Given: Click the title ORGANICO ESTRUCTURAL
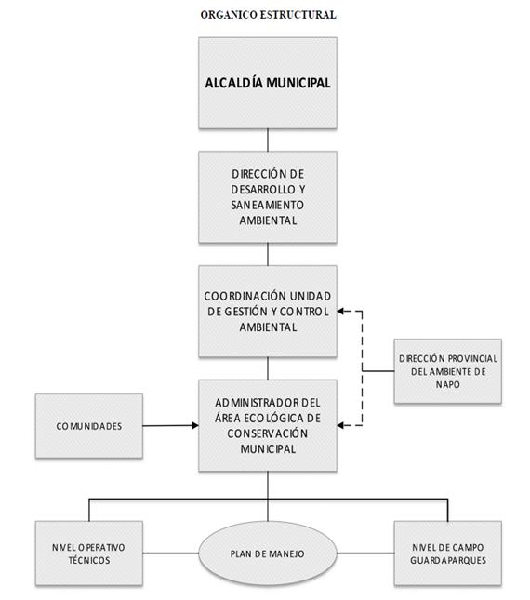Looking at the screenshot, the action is pos(269,15).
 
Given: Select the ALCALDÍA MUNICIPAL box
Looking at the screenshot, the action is pos(268,83).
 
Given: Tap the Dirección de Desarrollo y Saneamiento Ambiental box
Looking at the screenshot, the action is pos(268,197).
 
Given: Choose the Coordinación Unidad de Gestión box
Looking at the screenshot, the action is pos(268,311).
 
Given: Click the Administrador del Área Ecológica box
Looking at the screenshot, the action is pos(268,425).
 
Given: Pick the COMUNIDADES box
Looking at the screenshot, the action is pos(89,426).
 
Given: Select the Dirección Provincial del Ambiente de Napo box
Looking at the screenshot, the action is pos(448,371).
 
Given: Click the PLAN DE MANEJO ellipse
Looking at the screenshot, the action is pos(268,553).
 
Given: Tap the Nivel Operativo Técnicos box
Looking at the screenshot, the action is pos(89,553).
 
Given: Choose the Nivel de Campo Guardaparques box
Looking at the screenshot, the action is pos(448,553).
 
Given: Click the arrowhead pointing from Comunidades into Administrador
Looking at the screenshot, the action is pos(195,425).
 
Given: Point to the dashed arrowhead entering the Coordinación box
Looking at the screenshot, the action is pos(340,312).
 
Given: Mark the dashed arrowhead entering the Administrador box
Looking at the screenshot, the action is pos(340,425).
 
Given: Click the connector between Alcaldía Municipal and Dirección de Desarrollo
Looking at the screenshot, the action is pos(268,140).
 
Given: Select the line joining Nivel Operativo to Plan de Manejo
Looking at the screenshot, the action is pos(170,553).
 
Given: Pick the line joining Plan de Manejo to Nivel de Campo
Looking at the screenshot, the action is pos(365,553).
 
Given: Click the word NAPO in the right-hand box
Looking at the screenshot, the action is pos(448,384).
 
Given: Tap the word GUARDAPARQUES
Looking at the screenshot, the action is pos(448,561).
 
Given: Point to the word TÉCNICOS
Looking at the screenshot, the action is pos(89,560).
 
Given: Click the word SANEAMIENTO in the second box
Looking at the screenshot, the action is pos(267,205).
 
